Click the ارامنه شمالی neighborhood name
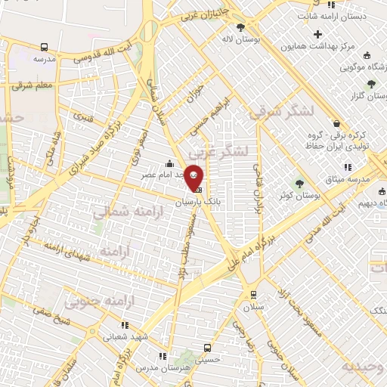119,214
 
